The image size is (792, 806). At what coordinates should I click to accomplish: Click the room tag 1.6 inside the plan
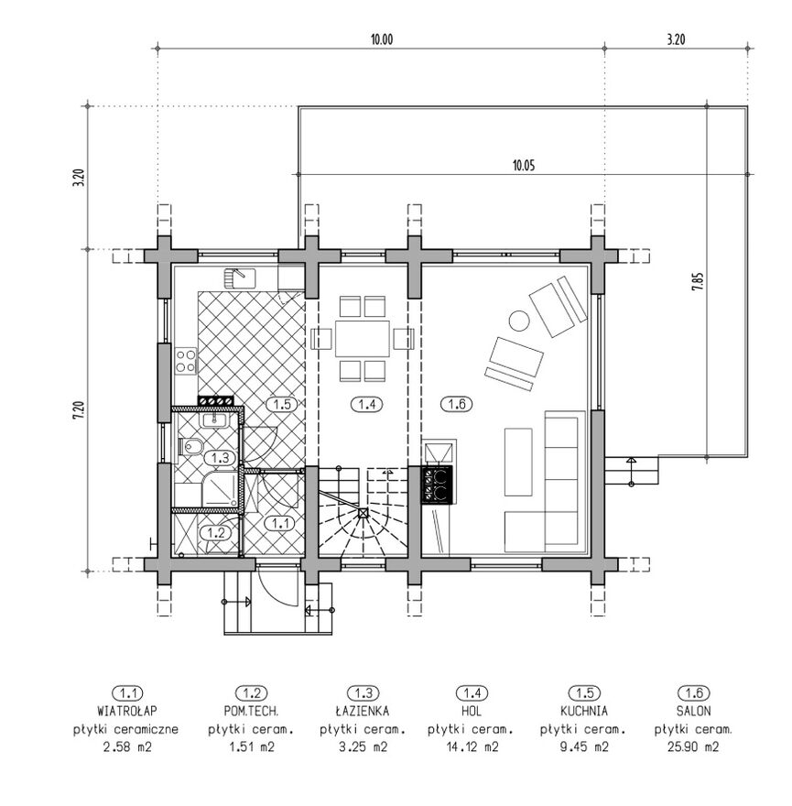pyautogui.click(x=456, y=404)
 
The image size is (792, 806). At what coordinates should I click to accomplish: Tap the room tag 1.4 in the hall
pyautogui.click(x=366, y=404)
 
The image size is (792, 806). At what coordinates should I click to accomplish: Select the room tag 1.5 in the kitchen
pyautogui.click(x=282, y=404)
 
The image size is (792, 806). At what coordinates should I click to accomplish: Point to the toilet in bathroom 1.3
pyautogui.click(x=190, y=446)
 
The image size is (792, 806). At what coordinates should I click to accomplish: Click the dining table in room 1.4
pyautogui.click(x=363, y=338)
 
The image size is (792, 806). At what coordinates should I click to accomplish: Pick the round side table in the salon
pyautogui.click(x=519, y=321)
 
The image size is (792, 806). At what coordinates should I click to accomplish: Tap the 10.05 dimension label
pyautogui.click(x=524, y=166)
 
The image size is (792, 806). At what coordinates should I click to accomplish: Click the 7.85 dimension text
pyautogui.click(x=698, y=282)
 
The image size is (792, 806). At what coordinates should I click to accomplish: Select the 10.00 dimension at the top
pyautogui.click(x=382, y=39)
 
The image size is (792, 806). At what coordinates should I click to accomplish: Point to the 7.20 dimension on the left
pyautogui.click(x=78, y=410)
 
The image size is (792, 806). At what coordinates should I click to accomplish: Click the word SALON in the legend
pyautogui.click(x=694, y=711)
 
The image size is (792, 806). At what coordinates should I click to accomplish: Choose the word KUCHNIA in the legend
pyautogui.click(x=584, y=711)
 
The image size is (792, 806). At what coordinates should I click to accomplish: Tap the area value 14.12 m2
pyautogui.click(x=472, y=746)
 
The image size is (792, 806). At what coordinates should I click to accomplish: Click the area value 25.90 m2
pyautogui.click(x=693, y=746)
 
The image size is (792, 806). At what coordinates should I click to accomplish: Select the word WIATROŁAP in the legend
pyautogui.click(x=127, y=711)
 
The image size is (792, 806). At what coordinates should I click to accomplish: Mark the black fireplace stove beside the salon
pyautogui.click(x=438, y=485)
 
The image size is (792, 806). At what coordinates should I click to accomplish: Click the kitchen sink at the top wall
pyautogui.click(x=240, y=278)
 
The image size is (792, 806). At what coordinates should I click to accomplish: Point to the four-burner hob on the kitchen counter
pyautogui.click(x=186, y=360)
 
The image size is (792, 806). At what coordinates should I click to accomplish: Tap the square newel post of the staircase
pyautogui.click(x=363, y=513)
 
